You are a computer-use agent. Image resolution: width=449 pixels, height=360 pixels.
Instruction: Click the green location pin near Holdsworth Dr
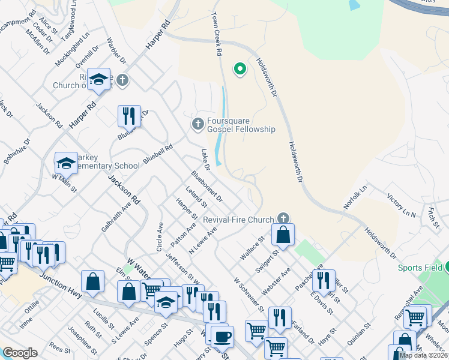tap(240, 69)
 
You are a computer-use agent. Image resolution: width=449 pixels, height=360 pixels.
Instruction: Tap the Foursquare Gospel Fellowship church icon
tap(197, 124)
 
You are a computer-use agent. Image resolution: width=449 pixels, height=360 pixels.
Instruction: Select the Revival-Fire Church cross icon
tap(283, 219)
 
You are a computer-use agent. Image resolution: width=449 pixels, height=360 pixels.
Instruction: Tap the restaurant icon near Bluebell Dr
tap(129, 115)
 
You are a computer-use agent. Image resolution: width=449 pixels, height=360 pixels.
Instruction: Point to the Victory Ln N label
tap(401, 205)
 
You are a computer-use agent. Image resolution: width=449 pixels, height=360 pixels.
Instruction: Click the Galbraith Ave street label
tap(116, 217)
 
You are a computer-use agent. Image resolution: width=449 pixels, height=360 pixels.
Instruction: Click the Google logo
tap(20, 353)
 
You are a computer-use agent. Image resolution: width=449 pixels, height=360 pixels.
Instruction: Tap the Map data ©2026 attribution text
tap(423, 355)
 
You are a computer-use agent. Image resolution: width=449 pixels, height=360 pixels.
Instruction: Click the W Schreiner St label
tap(249, 295)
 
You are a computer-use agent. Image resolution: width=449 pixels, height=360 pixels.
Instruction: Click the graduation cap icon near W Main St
tap(66, 162)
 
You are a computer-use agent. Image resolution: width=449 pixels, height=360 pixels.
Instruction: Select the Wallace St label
tap(253, 246)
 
